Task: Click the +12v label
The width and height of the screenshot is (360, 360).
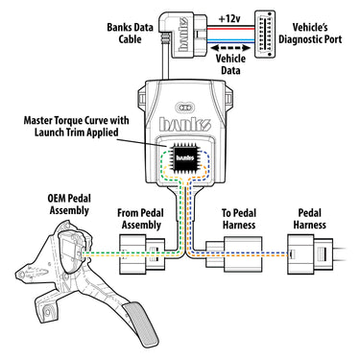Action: coord(229,19)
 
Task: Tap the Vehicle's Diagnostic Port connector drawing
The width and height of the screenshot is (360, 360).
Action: coord(265,35)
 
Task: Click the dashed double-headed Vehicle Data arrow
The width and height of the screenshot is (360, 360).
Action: coord(230,48)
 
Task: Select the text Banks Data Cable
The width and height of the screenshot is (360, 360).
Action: coord(130,33)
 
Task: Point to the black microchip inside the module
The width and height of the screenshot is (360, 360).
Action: coord(185,157)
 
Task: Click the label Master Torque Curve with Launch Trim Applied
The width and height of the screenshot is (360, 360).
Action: coord(77,126)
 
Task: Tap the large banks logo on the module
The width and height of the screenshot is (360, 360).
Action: coord(185,124)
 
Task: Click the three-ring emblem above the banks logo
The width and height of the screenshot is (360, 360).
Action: coord(184,108)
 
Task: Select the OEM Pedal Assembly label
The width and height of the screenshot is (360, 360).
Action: coord(69,204)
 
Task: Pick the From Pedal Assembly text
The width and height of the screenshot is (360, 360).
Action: coord(140,219)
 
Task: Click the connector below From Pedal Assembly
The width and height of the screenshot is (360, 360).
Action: coord(142,254)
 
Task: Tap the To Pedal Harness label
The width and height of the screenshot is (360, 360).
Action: coord(239,219)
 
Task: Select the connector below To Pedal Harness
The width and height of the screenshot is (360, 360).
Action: coord(233,254)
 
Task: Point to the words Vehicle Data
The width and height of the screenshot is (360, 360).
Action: coord(230,64)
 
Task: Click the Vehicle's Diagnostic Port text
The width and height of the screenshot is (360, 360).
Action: coord(310,34)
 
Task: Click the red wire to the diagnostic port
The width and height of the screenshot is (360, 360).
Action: coord(232,28)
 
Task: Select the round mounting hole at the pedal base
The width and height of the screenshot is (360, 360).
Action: coord(48,311)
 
